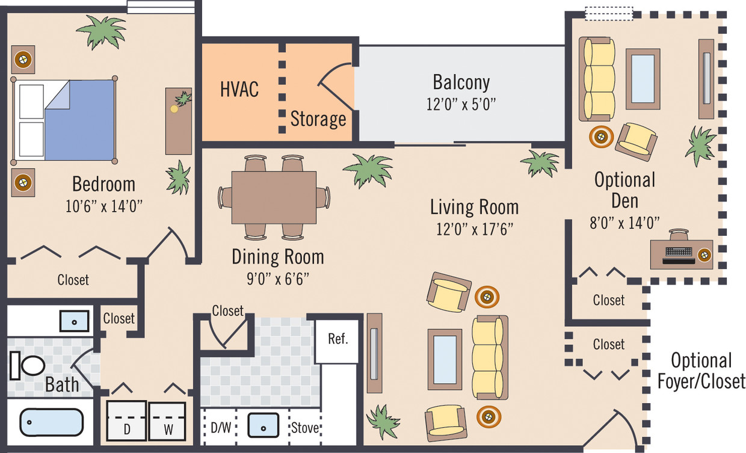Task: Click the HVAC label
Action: point(239,89)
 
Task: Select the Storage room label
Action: point(318,119)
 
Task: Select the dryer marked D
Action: point(126,421)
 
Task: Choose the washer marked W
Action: point(169,421)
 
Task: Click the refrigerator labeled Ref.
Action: point(338,339)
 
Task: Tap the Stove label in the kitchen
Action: point(306,428)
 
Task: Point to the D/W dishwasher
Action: point(219,428)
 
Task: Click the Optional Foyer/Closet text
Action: point(701,371)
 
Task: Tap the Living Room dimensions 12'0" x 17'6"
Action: point(474,229)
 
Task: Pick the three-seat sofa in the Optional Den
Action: point(598,79)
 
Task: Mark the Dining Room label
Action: point(277,257)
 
